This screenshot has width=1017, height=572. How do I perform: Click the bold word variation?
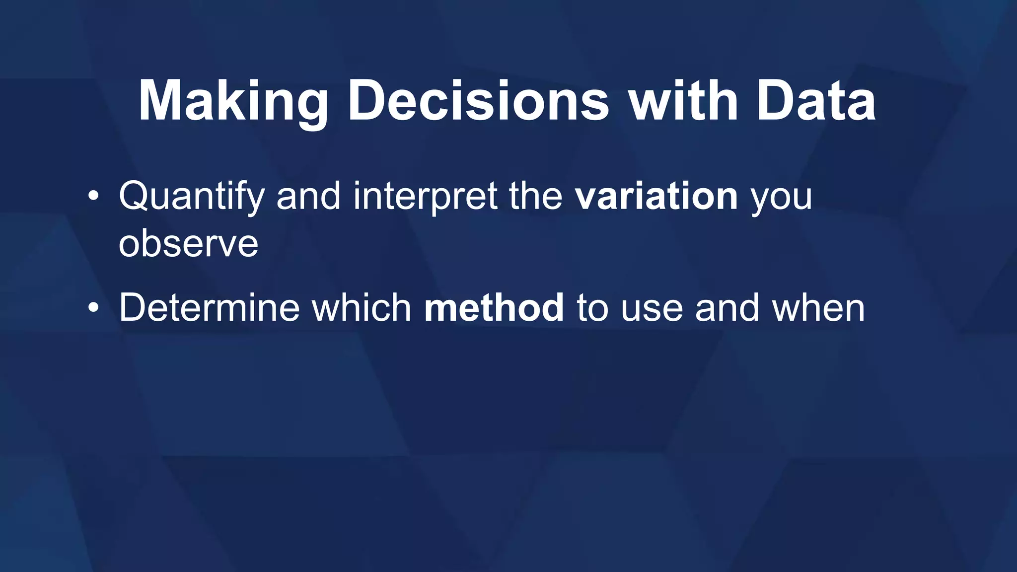656,197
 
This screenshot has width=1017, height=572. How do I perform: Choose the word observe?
188,244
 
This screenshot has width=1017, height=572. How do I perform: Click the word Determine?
209,308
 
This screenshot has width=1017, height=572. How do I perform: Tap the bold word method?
494,308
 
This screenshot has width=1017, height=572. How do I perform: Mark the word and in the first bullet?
308,197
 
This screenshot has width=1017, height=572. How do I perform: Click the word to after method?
592,308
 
